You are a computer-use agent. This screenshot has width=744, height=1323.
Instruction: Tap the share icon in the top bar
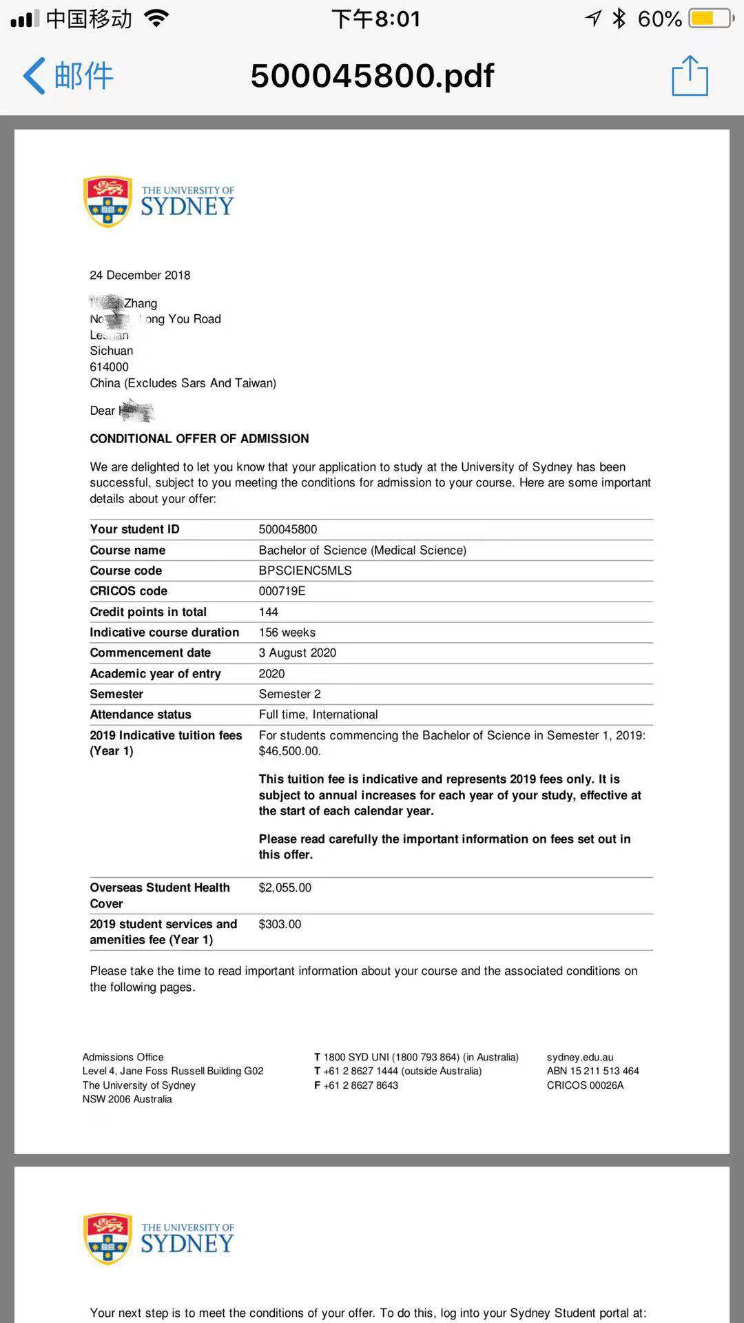tap(690, 76)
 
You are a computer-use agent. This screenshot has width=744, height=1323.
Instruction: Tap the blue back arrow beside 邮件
tap(34, 76)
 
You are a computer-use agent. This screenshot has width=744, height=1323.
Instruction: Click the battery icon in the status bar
tap(712, 19)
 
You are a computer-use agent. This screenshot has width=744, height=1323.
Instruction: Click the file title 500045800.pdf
tap(372, 76)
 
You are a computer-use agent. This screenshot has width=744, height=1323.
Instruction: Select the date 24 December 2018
tap(140, 275)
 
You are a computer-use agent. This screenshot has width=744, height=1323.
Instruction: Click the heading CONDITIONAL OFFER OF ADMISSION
tap(199, 438)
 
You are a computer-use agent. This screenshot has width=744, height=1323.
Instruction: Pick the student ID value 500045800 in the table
tap(288, 529)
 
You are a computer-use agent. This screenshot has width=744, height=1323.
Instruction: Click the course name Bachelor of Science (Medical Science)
tap(362, 550)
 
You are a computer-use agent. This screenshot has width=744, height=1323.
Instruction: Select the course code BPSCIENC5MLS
tap(305, 571)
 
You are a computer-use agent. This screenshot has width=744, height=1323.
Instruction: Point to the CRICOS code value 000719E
tap(282, 591)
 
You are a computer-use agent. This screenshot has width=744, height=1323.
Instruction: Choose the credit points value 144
tap(268, 612)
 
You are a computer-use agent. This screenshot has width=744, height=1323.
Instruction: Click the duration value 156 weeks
tap(287, 632)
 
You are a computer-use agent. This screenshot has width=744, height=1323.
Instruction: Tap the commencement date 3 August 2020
tap(297, 653)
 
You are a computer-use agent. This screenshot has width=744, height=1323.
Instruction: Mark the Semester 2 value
tap(289, 694)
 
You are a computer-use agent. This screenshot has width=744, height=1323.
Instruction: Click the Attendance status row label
tap(141, 715)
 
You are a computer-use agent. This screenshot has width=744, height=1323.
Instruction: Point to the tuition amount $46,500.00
tap(289, 751)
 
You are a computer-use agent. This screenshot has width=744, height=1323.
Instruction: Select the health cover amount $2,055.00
tap(285, 888)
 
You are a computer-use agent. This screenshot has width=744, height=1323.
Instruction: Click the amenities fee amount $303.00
tap(280, 924)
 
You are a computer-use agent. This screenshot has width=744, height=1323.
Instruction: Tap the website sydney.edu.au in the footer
tap(579, 1057)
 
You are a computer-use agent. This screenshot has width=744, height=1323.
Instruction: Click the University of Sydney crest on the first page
tap(107, 201)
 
